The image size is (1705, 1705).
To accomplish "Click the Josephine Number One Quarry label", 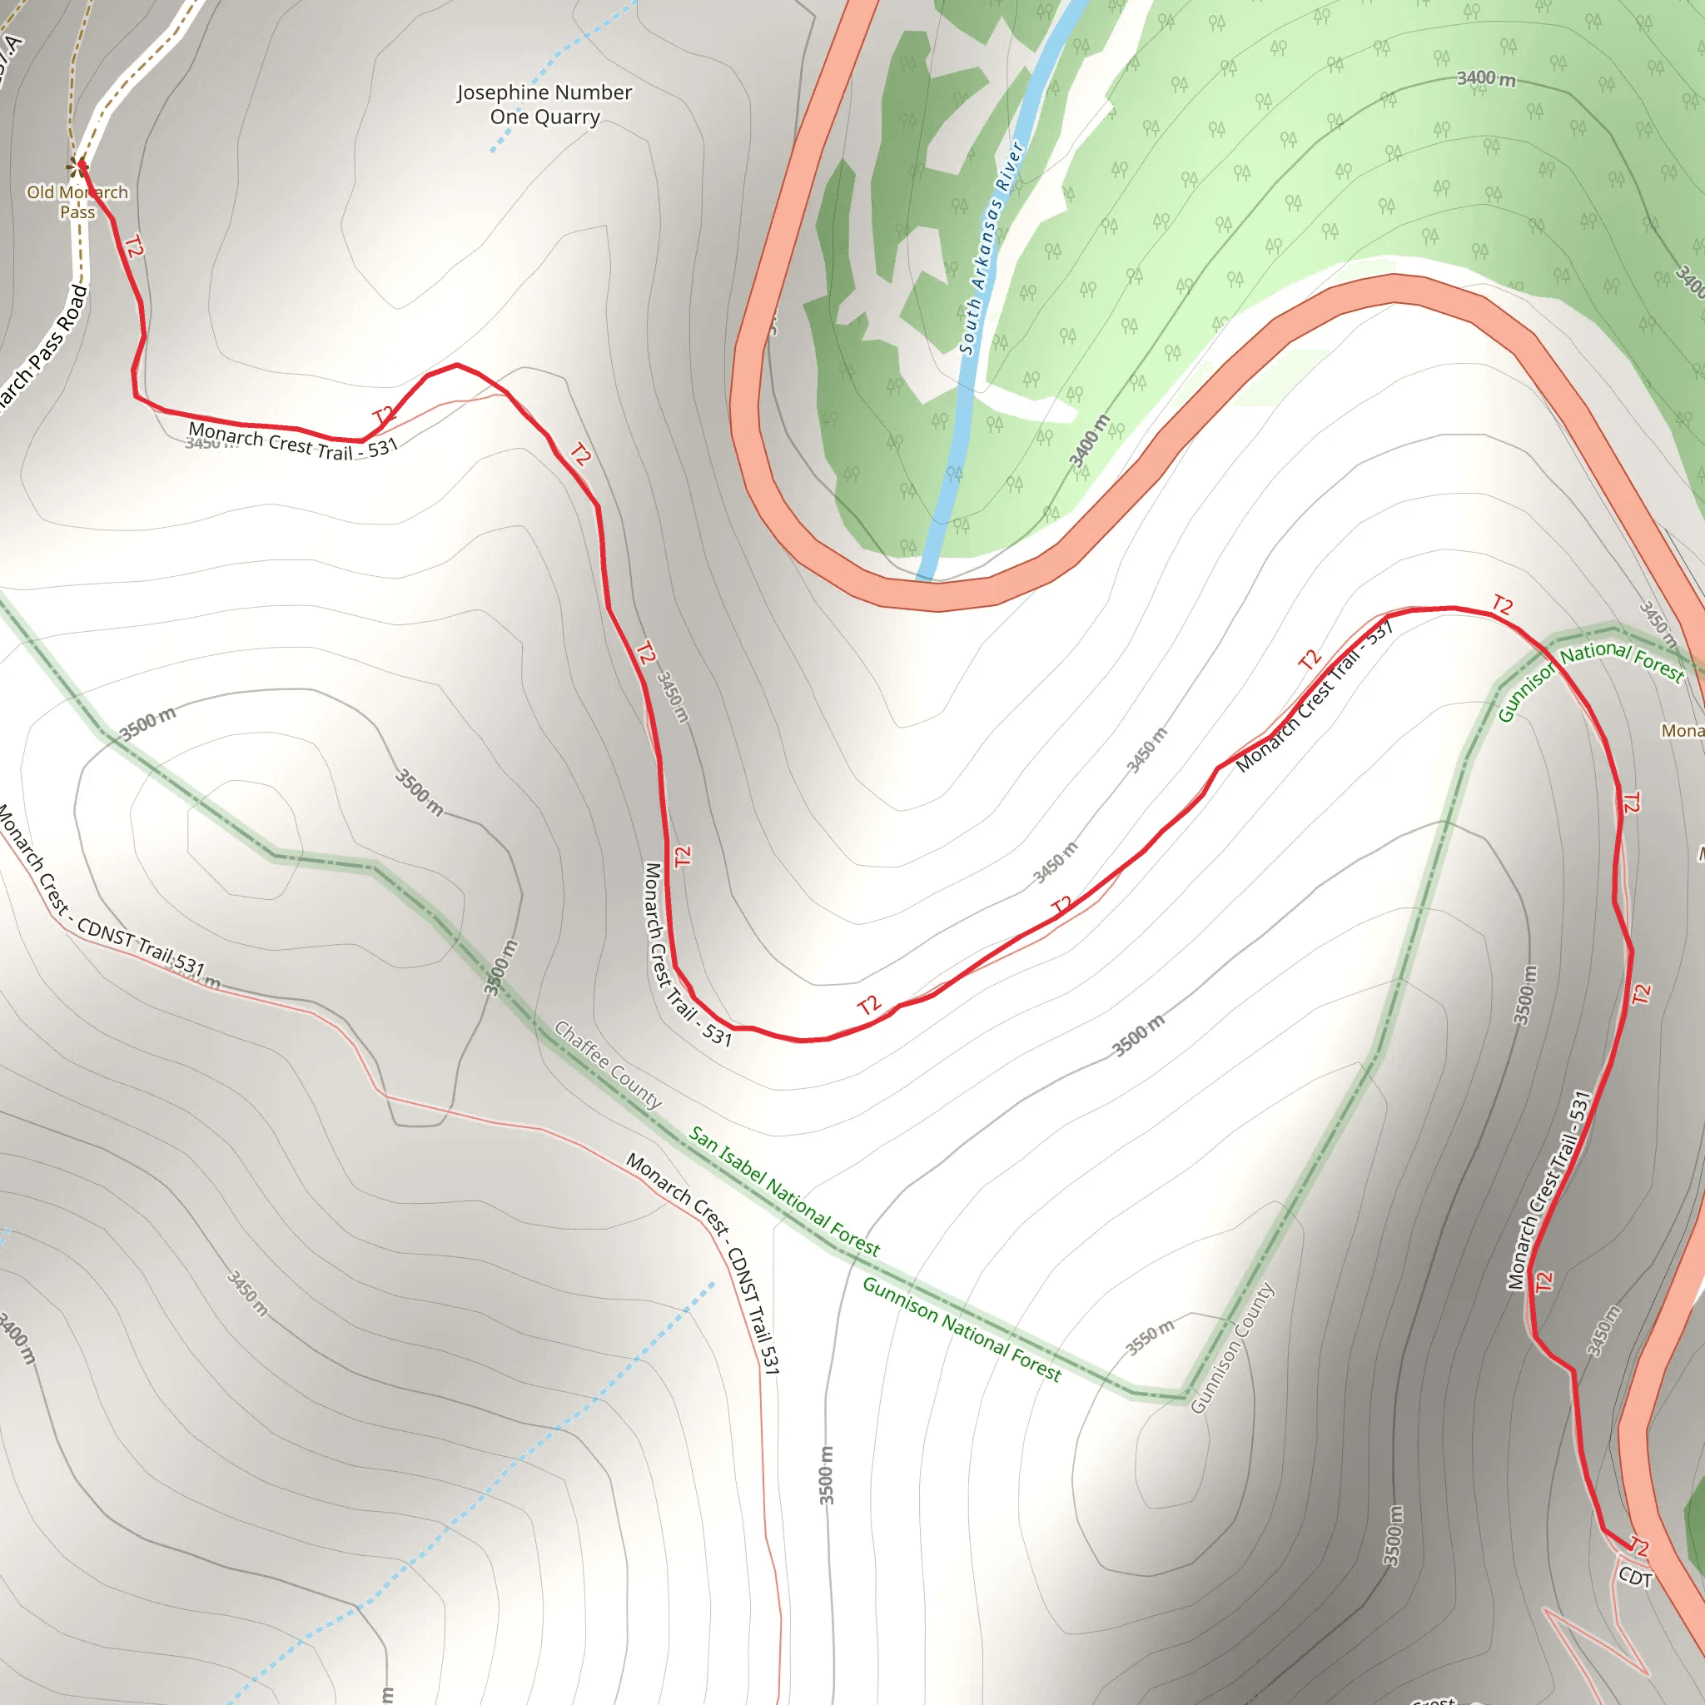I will [x=544, y=104].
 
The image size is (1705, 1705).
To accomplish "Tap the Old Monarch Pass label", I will [x=77, y=202].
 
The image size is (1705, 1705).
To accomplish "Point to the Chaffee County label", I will [x=607, y=1064].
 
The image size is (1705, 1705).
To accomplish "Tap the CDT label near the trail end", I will [x=1634, y=1577].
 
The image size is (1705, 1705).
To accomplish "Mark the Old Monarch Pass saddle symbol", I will [x=75, y=165].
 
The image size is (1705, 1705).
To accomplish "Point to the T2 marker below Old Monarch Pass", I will [x=133, y=247].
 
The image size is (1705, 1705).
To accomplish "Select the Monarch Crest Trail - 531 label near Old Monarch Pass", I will [x=293, y=441].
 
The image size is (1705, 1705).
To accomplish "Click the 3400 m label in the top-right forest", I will [x=1486, y=78].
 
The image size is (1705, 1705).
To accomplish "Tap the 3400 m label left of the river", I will [x=1089, y=440].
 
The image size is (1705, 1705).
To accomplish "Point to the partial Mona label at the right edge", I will [x=1682, y=731].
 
